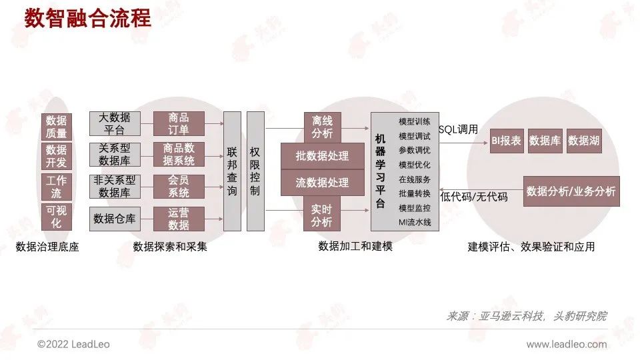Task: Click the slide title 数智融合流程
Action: [88, 18]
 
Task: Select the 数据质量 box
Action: [57, 127]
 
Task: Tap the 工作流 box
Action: [57, 186]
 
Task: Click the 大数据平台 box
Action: [115, 124]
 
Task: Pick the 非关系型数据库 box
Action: [115, 186]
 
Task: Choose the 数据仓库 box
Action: [115, 218]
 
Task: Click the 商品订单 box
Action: [179, 124]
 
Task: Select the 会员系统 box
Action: [179, 186]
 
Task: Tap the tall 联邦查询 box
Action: [232, 171]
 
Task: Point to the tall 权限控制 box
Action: [255, 171]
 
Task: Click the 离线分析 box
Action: [322, 126]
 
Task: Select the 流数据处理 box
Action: [322, 182]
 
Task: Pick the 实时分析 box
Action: [322, 214]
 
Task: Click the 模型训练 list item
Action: [415, 122]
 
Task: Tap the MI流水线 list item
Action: [415, 222]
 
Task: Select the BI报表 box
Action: [507, 141]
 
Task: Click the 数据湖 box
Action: [584, 141]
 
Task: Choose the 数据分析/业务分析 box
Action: [571, 191]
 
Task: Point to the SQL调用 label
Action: [459, 129]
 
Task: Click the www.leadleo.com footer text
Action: [567, 344]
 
